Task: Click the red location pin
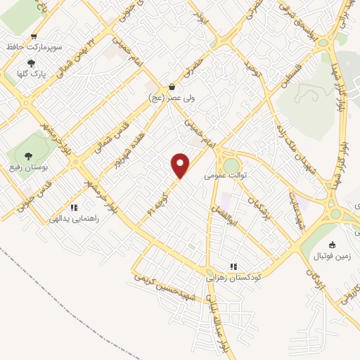(181, 165)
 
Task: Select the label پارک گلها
(30, 72)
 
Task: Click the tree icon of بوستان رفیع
(28, 156)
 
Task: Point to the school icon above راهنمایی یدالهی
(73, 207)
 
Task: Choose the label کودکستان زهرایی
(233, 277)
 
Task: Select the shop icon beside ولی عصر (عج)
(172, 87)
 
